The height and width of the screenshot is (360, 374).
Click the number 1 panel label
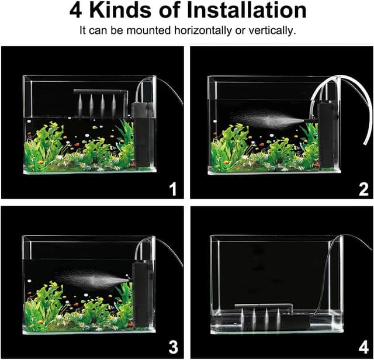[173, 189]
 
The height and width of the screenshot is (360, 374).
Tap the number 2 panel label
[363, 190]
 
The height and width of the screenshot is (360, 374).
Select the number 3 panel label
[173, 347]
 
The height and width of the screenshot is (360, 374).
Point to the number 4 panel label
[363, 347]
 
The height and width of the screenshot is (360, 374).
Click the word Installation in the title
[247, 11]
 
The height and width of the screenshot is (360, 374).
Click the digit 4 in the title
[75, 11]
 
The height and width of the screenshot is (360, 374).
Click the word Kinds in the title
[121, 11]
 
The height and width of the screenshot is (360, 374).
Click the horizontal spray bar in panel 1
[101, 91]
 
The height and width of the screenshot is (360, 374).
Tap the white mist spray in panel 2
[267, 119]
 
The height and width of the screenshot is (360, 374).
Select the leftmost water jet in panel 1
[80, 105]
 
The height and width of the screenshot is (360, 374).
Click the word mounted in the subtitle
[148, 30]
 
